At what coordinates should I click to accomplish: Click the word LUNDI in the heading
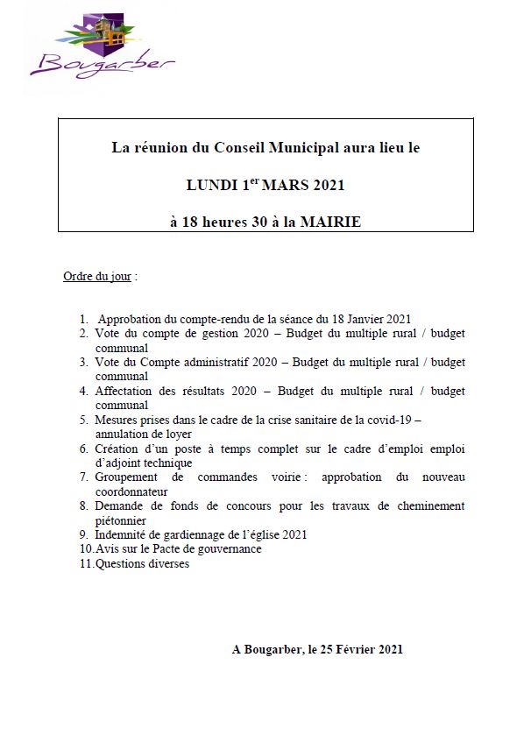[210, 186]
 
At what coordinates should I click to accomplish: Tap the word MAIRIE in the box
[330, 223]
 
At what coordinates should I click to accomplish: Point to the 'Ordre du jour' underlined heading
[97, 277]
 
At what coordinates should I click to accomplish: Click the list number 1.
[82, 320]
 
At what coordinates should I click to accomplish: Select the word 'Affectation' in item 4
[122, 391]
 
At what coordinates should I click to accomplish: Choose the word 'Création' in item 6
[115, 449]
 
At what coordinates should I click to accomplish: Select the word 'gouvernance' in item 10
[230, 548]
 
